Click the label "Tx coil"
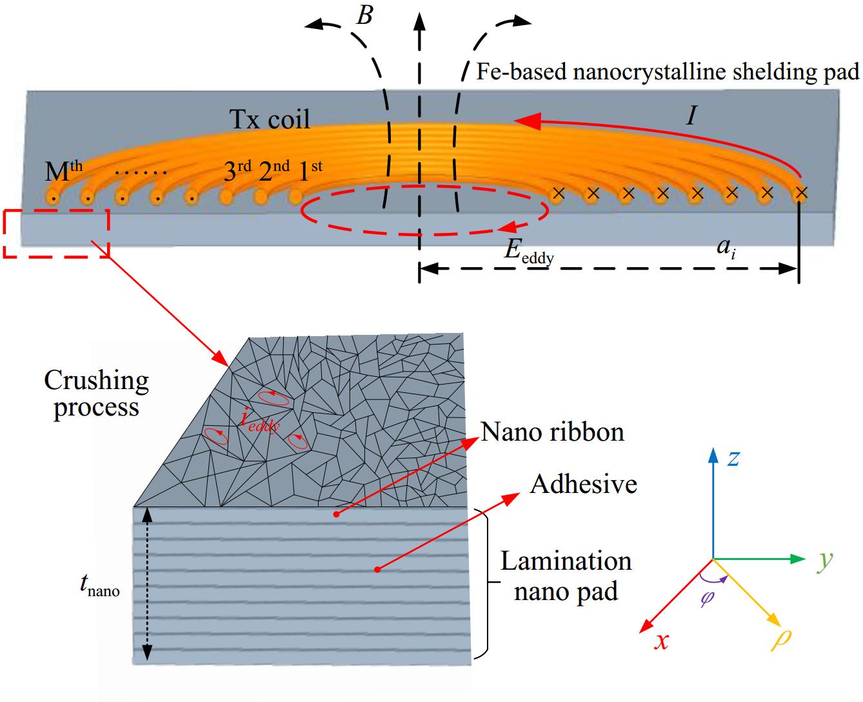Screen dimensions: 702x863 point(270,119)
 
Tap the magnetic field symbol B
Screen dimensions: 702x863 point(364,15)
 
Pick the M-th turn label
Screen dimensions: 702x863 point(63,172)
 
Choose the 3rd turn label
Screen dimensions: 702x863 point(237,172)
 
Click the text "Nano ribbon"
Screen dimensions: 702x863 point(553,432)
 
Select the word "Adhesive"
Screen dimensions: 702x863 point(583,484)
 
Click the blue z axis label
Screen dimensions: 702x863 point(733,458)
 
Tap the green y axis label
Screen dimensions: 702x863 point(824,560)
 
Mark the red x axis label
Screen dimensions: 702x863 point(660,641)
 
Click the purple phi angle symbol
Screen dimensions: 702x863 point(708,598)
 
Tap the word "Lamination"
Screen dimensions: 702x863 point(566,561)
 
